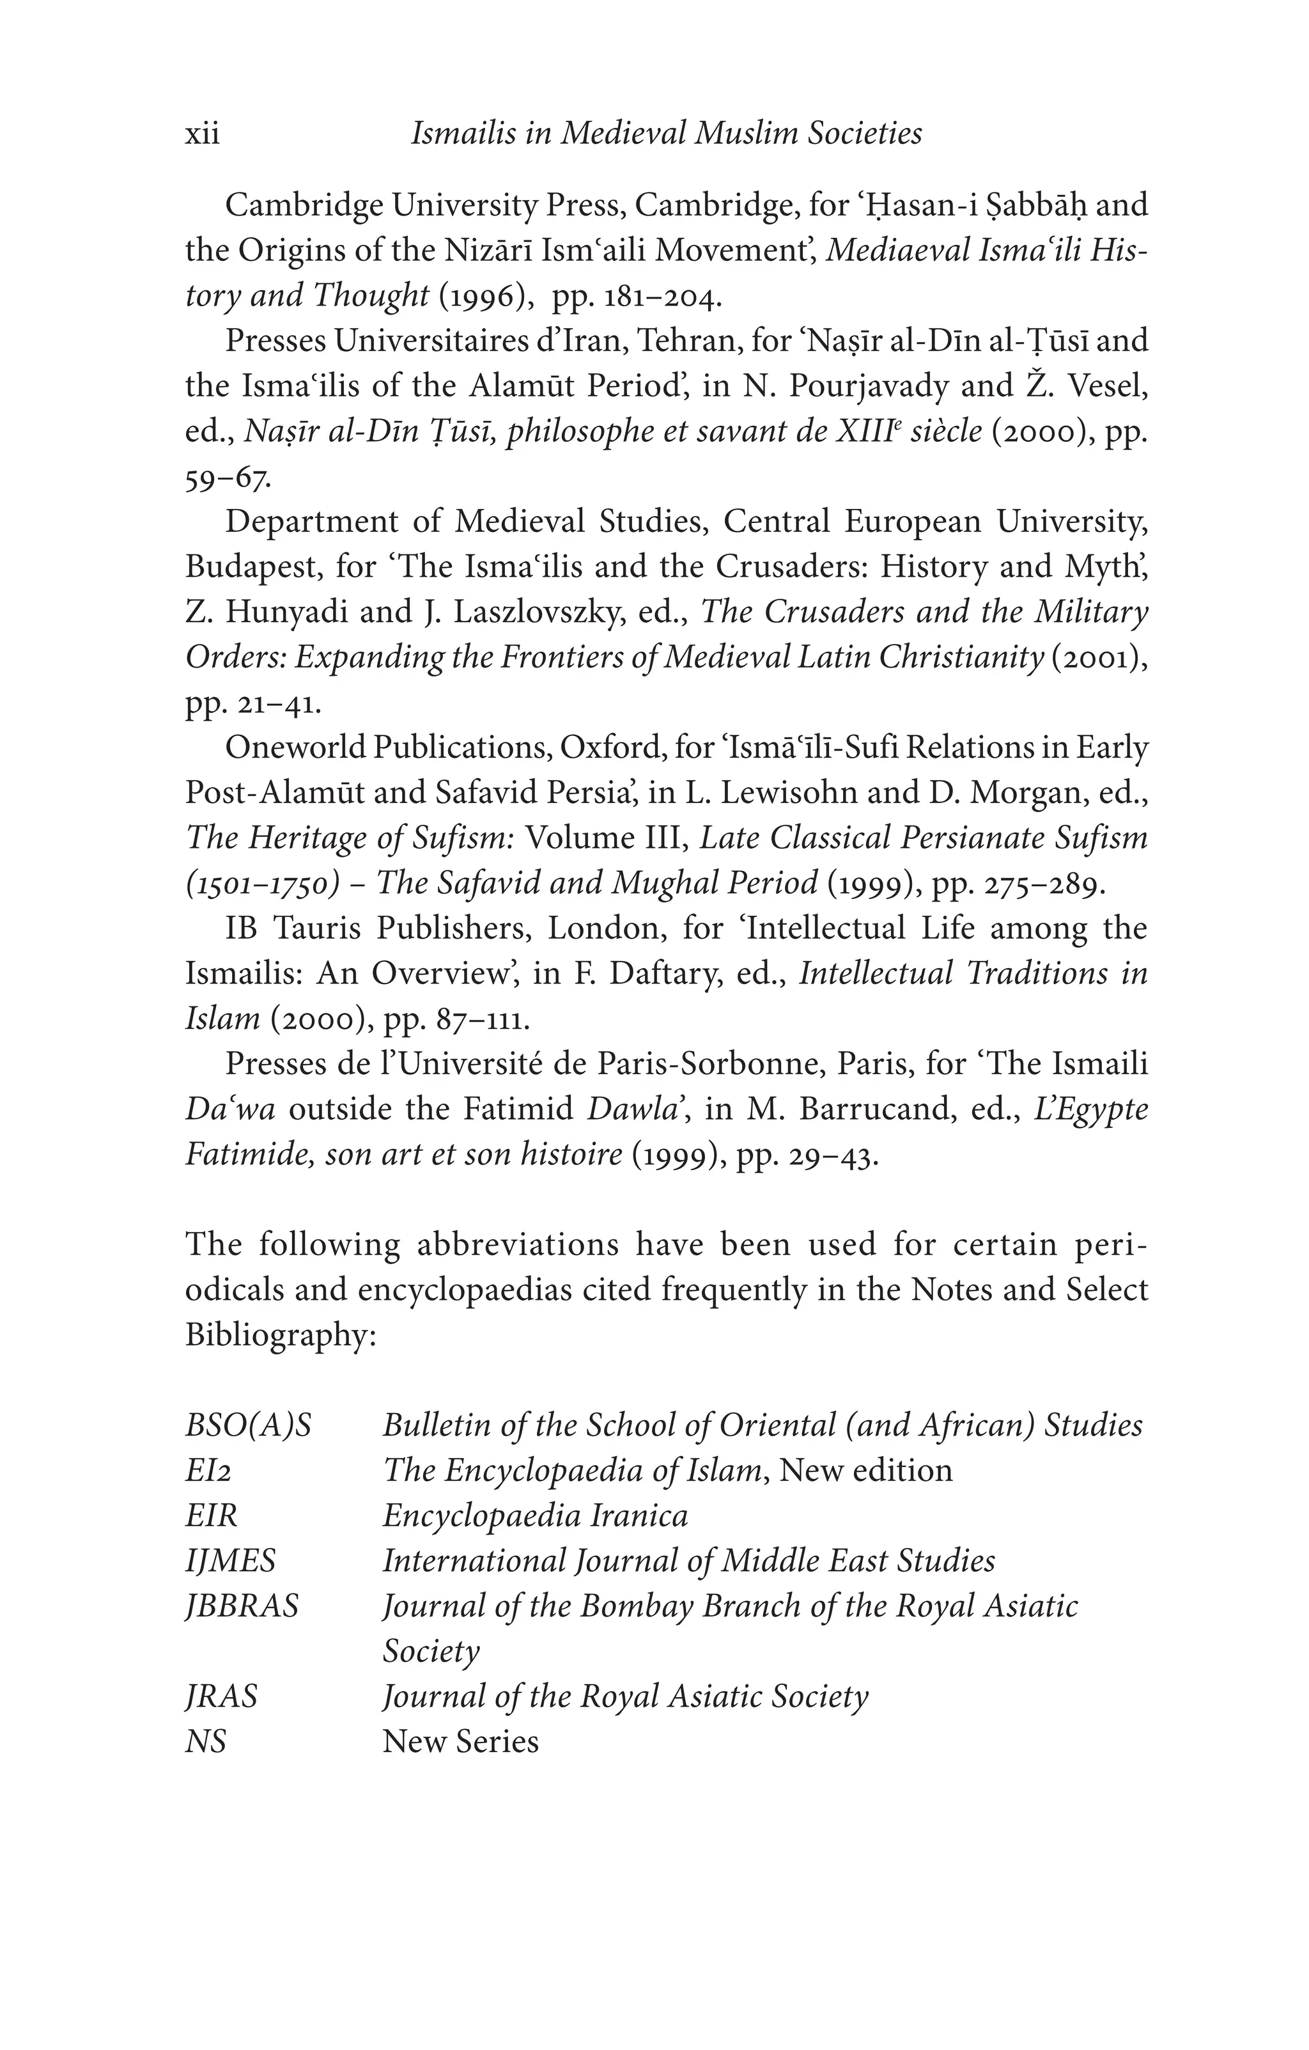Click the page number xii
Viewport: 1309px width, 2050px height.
pyautogui.click(x=203, y=134)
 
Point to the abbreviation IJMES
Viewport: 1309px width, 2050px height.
pyautogui.click(x=231, y=1560)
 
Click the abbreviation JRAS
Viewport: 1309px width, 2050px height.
pyautogui.click(x=221, y=1696)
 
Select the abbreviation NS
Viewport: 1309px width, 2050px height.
pyautogui.click(x=206, y=1741)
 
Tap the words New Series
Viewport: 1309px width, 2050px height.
pyautogui.click(x=460, y=1741)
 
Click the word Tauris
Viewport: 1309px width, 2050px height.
pyautogui.click(x=318, y=928)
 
